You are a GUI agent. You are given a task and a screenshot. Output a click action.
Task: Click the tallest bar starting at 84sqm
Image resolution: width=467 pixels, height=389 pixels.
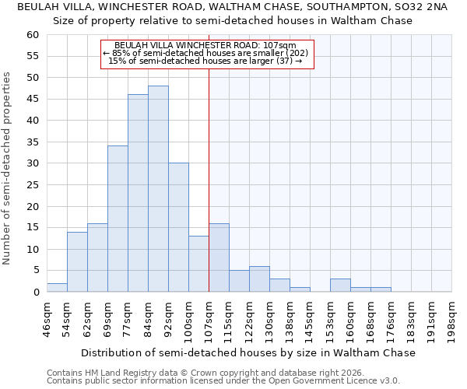[x=158, y=189]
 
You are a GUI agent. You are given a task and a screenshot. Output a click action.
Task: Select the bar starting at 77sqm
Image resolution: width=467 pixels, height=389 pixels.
[x=138, y=193]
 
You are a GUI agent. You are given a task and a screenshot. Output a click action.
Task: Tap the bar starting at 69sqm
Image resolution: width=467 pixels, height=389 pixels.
[x=118, y=219]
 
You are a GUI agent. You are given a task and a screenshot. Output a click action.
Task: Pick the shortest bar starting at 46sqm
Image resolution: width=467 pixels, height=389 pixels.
[x=57, y=288]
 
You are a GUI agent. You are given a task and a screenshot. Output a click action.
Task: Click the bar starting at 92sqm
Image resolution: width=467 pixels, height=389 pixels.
[x=178, y=227]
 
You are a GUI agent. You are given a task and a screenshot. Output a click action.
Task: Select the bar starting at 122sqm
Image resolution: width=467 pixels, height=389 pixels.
[x=259, y=279]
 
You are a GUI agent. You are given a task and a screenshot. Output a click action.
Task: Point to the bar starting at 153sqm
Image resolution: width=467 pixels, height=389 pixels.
[x=340, y=286]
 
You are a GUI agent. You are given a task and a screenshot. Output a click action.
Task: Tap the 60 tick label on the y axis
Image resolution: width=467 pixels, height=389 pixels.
[x=32, y=35]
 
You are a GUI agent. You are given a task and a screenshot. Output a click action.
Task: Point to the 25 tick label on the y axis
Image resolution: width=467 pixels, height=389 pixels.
[x=32, y=185]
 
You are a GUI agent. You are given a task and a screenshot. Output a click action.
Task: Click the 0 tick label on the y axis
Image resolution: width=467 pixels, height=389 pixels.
[x=35, y=293]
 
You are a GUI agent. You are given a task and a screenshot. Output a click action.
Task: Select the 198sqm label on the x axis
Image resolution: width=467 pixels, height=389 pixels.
[x=451, y=317]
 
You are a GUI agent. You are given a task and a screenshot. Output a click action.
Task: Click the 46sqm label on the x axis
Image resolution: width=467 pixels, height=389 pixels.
[x=47, y=317]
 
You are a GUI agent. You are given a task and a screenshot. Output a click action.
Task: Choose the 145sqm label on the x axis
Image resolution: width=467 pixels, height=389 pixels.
[x=310, y=317]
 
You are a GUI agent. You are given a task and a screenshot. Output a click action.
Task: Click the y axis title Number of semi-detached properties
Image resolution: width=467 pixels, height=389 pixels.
[x=8, y=167]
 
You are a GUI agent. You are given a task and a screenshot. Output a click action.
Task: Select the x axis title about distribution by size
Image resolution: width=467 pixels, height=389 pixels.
[x=248, y=352]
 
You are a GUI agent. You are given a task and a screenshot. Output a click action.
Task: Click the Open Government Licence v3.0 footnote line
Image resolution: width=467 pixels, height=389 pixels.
[x=223, y=380]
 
